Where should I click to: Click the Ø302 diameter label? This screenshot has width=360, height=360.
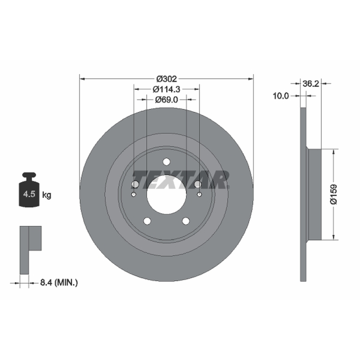pos(166,79)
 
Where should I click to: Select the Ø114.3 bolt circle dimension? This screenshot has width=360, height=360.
pos(166,89)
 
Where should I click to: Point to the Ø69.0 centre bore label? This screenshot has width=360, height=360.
pos(166,99)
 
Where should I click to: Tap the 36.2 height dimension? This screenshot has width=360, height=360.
pos(310,84)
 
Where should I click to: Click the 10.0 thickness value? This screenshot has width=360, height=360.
pos(280,96)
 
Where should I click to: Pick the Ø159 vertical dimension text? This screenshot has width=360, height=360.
pos(333,194)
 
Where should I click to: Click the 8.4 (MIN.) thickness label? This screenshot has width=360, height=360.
pos(59,283)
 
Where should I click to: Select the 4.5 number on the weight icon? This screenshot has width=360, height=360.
pos(29,194)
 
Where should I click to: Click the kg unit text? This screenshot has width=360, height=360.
pos(47,195)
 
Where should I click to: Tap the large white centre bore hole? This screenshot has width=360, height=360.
pos(166,195)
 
